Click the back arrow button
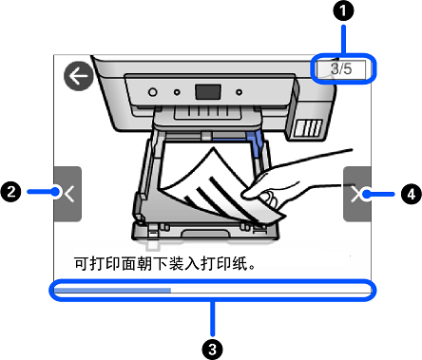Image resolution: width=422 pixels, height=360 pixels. pyautogui.click(x=79, y=76)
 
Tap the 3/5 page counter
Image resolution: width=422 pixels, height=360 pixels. pyautogui.click(x=341, y=68)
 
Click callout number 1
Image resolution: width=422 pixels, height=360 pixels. pyautogui.click(x=343, y=11)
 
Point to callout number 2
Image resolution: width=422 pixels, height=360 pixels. pyautogui.click(x=10, y=192)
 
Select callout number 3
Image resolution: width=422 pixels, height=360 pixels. pyautogui.click(x=213, y=350)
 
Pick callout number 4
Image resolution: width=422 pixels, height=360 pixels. pyautogui.click(x=411, y=194)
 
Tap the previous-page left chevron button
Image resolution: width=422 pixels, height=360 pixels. pyautogui.click(x=67, y=194)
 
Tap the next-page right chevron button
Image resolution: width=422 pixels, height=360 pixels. pyautogui.click(x=357, y=194)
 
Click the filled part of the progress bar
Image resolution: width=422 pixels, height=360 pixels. pyautogui.click(x=112, y=290)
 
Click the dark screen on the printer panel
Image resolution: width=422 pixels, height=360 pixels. pyautogui.click(x=208, y=92)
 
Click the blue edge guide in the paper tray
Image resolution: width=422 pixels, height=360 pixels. pyautogui.click(x=256, y=144)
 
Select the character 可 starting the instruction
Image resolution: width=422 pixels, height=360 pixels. pyautogui.click(x=82, y=263)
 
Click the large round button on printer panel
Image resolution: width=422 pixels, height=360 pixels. pyautogui.click(x=153, y=92)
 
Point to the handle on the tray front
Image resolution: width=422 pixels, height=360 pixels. pyautogui.click(x=205, y=234)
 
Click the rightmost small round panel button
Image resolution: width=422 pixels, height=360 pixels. pyautogui.click(x=240, y=92)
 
